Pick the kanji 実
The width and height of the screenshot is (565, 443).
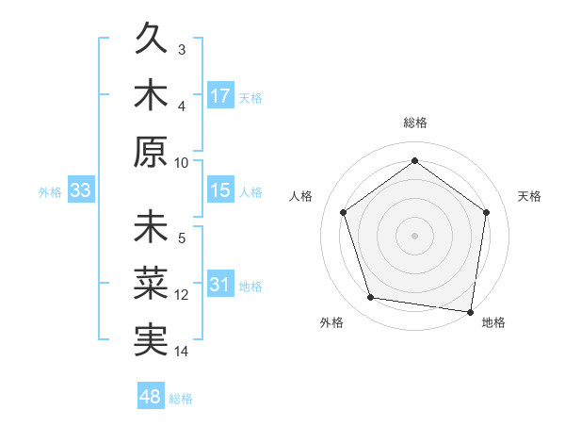point(152,340)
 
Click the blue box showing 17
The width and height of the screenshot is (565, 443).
point(220,95)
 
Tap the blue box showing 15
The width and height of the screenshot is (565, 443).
point(220,190)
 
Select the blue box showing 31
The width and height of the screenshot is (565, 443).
point(220,285)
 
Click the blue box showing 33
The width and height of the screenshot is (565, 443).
point(81,190)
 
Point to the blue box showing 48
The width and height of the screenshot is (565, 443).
point(151,397)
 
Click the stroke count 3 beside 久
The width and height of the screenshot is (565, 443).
point(182,49)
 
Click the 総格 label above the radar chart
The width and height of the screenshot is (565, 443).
point(414,123)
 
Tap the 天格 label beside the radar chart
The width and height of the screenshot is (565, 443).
point(529,196)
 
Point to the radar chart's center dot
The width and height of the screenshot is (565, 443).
point(414,235)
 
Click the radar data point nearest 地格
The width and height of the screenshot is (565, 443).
point(470,311)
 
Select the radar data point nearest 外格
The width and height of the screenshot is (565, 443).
point(371,298)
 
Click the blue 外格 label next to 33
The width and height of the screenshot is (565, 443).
point(50,192)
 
